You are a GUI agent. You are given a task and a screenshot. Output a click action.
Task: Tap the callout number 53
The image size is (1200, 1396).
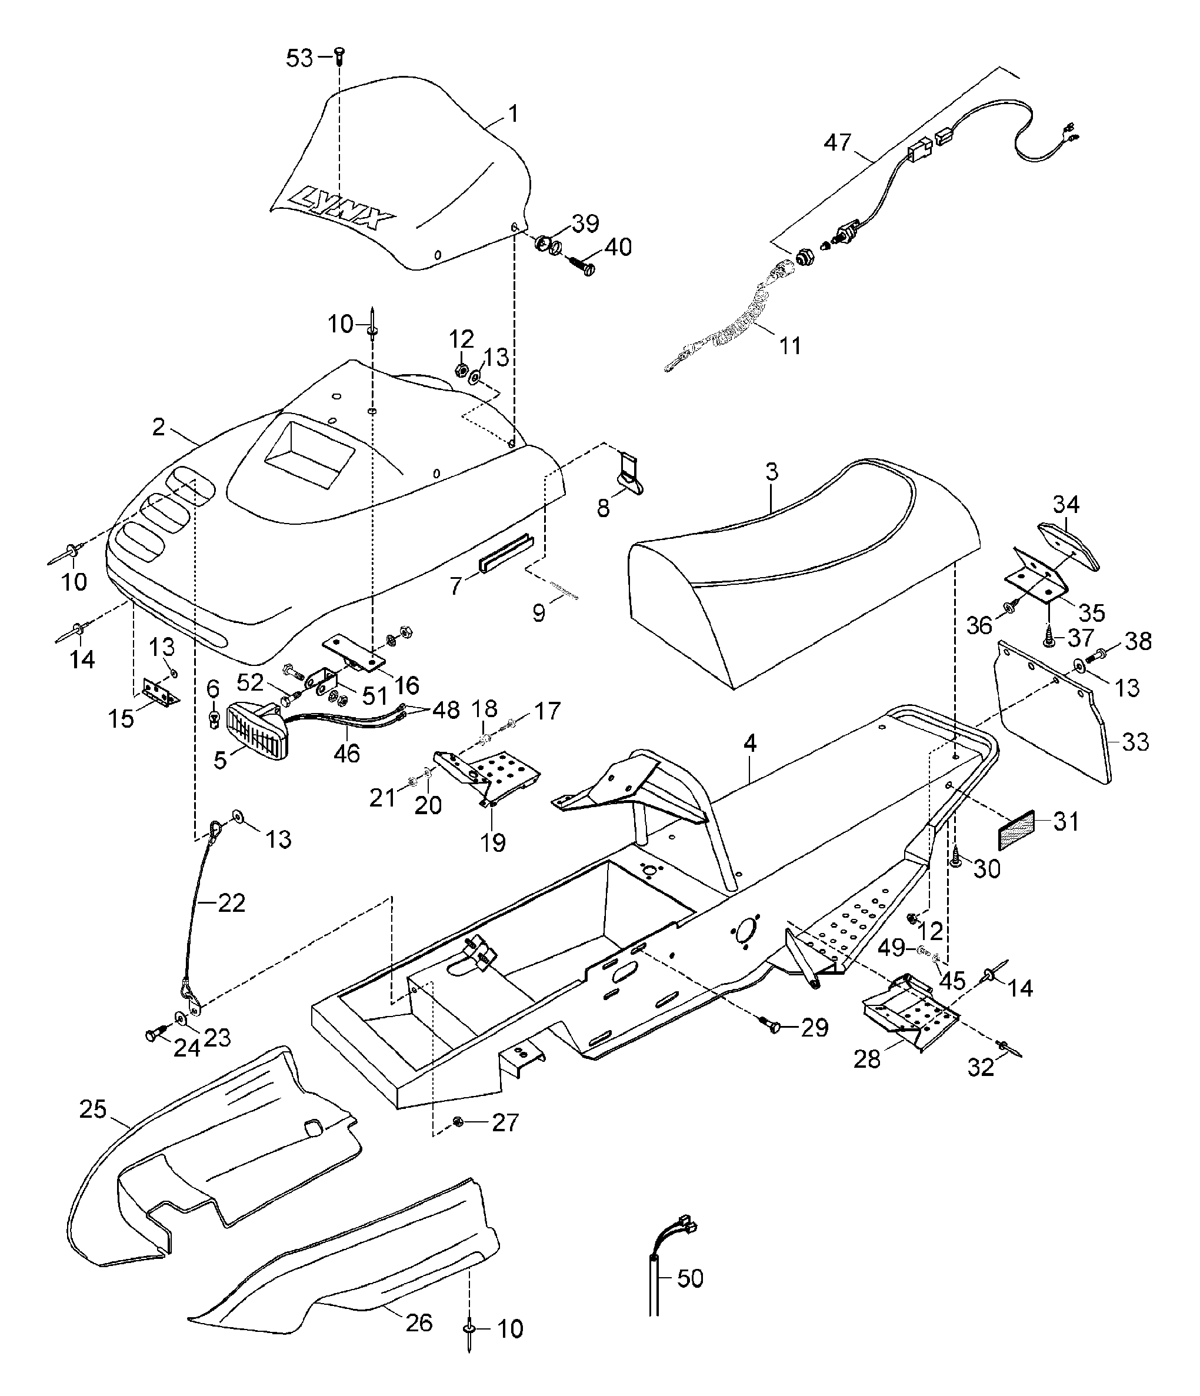click(299, 59)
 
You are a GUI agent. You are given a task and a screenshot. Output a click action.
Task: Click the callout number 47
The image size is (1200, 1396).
click(838, 143)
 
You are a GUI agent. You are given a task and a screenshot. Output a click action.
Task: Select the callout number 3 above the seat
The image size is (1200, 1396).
click(772, 471)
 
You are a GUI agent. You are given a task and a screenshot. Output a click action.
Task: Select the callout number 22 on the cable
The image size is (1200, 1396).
click(231, 902)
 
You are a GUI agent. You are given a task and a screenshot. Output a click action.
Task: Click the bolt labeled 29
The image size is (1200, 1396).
click(775, 1026)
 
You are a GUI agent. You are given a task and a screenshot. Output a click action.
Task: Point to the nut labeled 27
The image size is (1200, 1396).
click(458, 1121)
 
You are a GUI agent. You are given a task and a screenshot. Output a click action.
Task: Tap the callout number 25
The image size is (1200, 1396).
click(92, 1109)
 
